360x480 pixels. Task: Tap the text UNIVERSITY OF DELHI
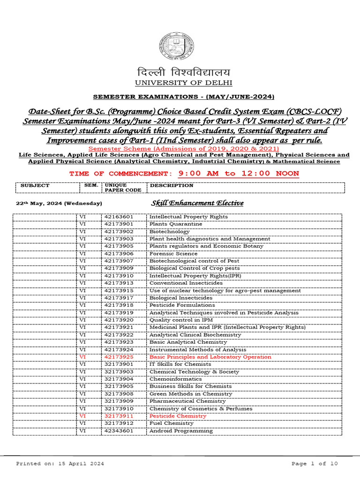coord(184,83)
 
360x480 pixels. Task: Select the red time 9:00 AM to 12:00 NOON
coord(238,173)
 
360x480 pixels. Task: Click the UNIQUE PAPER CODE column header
coord(116,187)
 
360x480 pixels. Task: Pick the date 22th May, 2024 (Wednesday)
coord(59,203)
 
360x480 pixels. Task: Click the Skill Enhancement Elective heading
coord(197,203)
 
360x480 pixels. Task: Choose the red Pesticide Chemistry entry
coord(178,416)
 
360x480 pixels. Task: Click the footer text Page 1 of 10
coord(314,464)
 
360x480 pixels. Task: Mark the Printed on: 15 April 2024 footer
coord(60,464)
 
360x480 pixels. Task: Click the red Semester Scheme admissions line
coord(184,149)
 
